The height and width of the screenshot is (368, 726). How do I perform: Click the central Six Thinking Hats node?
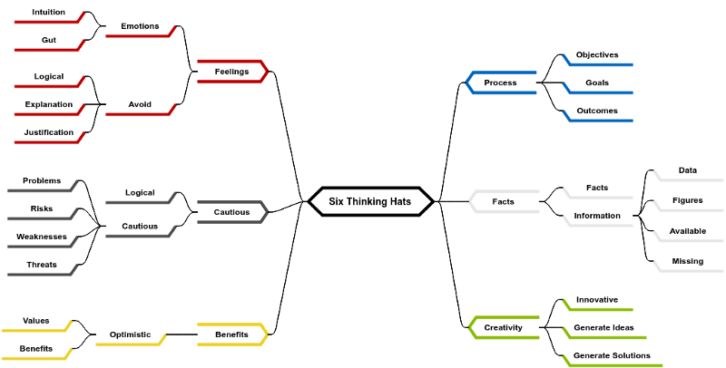[370, 201]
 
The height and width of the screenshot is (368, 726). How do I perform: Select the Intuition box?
[48, 12]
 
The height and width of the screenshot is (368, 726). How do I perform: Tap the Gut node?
[48, 40]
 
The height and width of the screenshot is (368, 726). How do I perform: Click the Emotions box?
[140, 26]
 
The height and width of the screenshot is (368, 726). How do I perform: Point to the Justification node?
[48, 132]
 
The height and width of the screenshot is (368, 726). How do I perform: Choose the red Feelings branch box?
[231, 72]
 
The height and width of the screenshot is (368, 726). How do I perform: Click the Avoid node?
[140, 104]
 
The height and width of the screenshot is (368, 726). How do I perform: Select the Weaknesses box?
[42, 237]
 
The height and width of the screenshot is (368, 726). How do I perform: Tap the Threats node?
[42, 265]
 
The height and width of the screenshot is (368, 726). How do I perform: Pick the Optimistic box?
[131, 334]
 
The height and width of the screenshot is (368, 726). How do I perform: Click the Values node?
[36, 321]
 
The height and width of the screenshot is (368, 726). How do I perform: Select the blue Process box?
[501, 82]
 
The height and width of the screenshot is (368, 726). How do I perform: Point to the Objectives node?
[597, 54]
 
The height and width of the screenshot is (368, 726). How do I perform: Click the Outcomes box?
[597, 111]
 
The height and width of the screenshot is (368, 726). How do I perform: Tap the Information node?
[597, 216]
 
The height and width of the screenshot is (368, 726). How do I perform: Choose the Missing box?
[688, 261]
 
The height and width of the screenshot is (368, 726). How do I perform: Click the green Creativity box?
[504, 327]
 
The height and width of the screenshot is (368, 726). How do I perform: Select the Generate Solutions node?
[613, 355]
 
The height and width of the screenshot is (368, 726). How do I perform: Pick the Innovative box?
[597, 299]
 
